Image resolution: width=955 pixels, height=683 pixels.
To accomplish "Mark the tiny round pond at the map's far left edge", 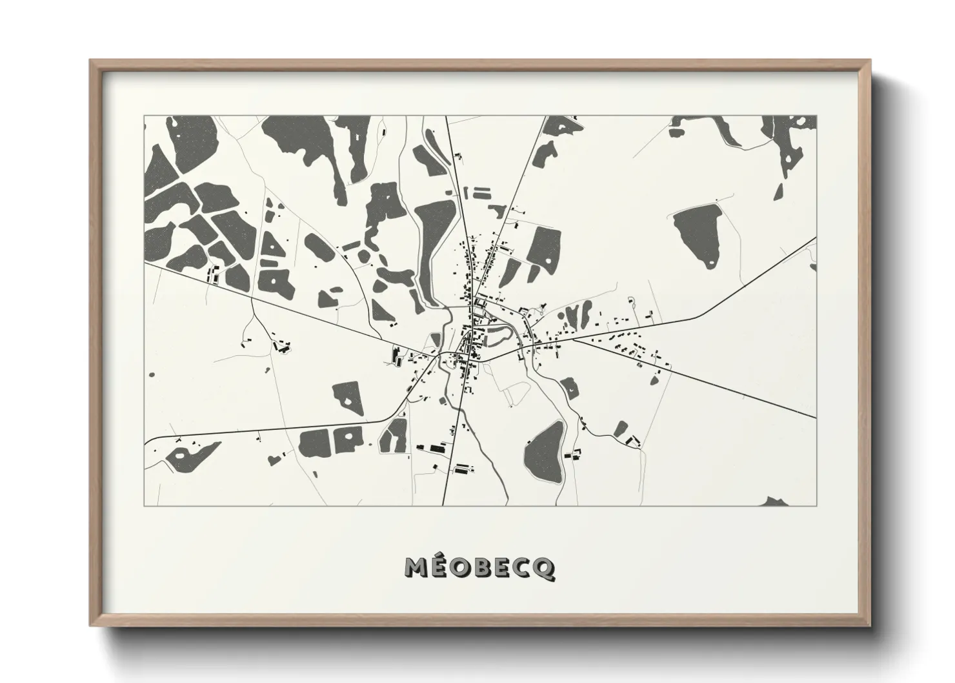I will tap(151, 374).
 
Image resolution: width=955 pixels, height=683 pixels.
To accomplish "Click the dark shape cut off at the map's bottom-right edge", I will tap(774, 502).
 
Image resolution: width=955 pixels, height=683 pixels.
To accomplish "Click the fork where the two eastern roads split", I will tap(572, 340).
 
